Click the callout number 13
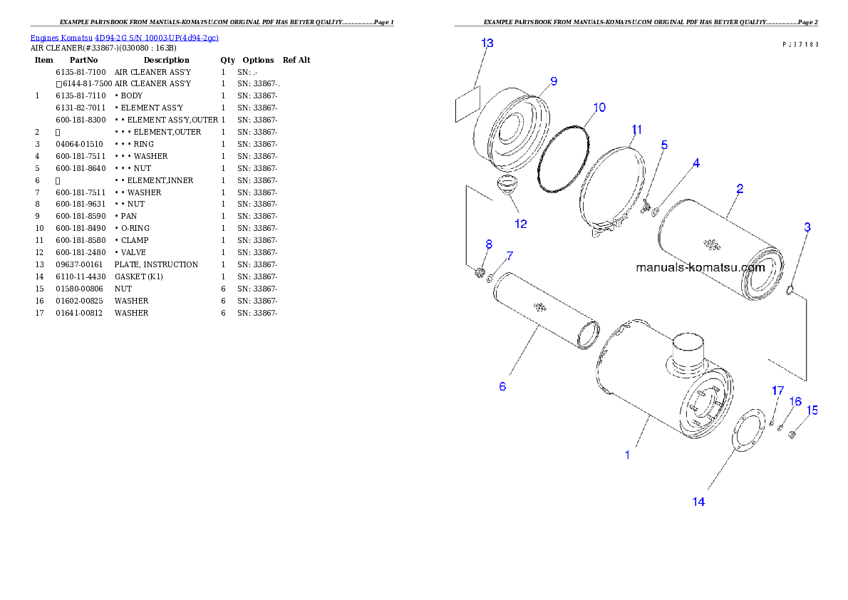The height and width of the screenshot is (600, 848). click(x=487, y=43)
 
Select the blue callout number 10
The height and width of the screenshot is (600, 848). click(x=599, y=108)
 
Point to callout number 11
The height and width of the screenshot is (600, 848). click(x=636, y=130)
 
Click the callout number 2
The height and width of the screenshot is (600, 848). click(x=740, y=189)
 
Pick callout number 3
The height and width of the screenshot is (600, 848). click(x=807, y=228)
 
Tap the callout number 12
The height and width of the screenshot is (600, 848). click(x=521, y=224)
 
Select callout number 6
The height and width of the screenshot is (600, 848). click(x=502, y=387)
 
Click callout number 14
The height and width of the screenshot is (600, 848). click(x=698, y=502)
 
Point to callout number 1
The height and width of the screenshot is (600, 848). click(x=627, y=454)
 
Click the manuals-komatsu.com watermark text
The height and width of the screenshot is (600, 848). click(x=700, y=268)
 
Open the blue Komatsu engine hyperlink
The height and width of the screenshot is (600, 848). click(x=124, y=37)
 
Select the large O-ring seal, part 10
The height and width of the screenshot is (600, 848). click(x=564, y=158)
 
